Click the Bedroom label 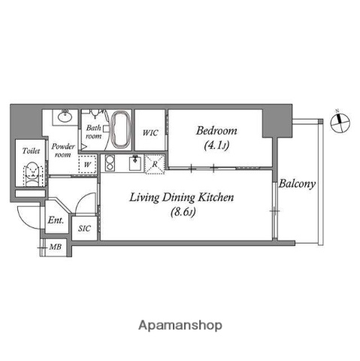pos(216,129)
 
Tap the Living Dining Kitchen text pos(183,199)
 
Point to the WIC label pos(150,133)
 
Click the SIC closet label pos(84,229)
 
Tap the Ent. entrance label pos(55,220)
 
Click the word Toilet pos(31,150)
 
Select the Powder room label pos(62,150)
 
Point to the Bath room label pos(93,132)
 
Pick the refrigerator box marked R pos(155,163)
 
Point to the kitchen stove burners pos(108,163)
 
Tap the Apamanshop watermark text pos(180,326)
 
